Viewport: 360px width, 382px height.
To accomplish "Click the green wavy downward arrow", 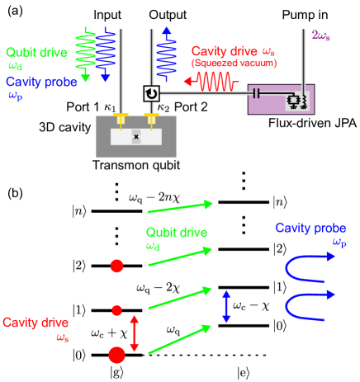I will pos(85,54).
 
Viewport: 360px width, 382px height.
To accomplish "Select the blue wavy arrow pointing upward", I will pos(167,54).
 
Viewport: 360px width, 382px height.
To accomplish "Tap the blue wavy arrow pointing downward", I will pos(105,54).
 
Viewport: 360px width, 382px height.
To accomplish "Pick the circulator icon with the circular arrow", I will pos(151,93).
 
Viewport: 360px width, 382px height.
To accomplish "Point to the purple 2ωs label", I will pos(320,35).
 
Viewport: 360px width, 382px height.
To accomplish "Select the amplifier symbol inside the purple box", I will pos(296,100).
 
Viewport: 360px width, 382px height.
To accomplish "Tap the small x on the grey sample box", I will pos(136,136).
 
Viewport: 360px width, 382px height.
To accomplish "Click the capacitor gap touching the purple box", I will pos(256,93).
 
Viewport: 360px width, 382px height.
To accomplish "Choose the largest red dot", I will pos(116,355).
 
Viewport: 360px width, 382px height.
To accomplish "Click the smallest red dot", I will pos(116,310).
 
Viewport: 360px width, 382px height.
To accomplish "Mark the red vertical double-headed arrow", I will pos(135,333).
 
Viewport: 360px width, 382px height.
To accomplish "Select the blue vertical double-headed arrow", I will pos(226,306).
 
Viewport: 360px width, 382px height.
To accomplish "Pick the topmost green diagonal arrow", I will pos(180,206).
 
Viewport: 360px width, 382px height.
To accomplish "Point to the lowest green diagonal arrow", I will pos(180,339).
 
